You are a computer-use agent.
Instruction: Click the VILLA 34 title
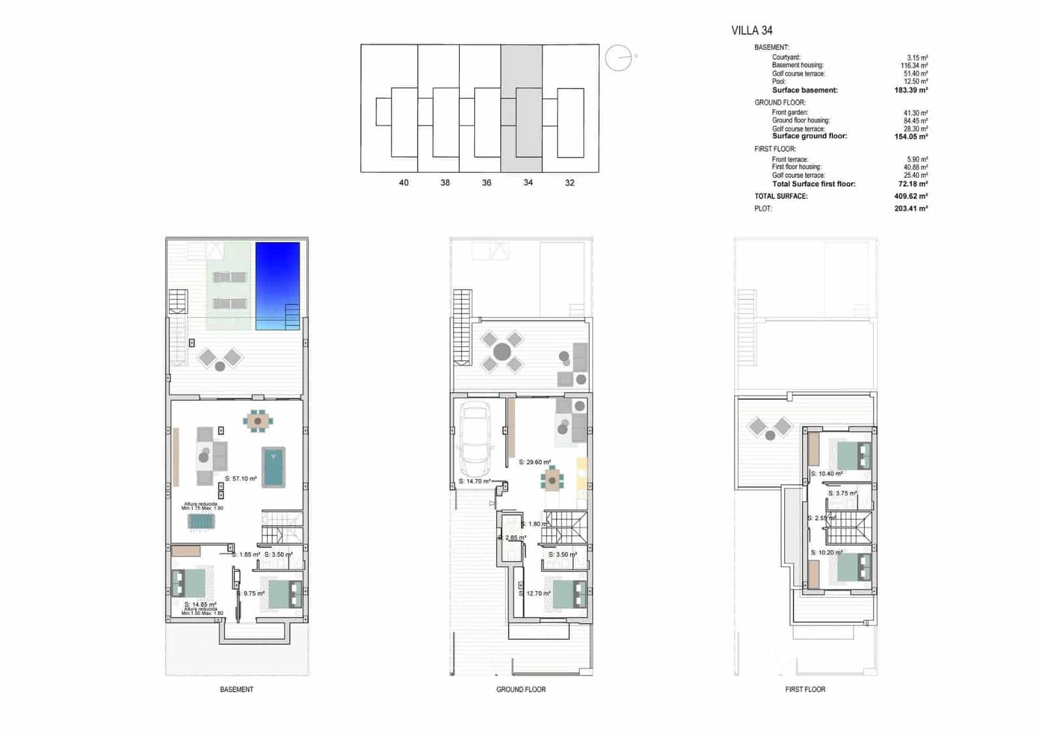point(752,30)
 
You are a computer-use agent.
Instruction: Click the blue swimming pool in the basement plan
point(277,285)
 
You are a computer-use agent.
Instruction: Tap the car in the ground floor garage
point(475,439)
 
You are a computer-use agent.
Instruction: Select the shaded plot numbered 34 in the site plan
point(521,107)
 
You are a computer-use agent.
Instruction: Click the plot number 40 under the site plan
point(404,183)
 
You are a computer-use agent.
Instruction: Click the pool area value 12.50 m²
point(916,81)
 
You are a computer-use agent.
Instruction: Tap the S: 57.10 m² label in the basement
point(241,478)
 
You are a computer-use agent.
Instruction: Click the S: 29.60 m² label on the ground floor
point(535,462)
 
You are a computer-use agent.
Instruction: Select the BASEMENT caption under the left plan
point(236,689)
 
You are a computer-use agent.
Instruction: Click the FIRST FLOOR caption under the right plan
point(805,689)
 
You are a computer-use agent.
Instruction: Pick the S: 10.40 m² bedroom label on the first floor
point(826,474)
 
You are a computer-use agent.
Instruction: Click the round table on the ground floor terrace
point(501,352)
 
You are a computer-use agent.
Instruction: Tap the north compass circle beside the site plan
point(618,59)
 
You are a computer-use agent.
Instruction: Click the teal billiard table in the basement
point(274,467)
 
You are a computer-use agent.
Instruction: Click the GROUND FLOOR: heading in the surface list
point(780,102)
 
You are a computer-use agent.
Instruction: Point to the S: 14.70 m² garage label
point(474,482)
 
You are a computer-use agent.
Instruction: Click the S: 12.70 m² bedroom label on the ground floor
point(535,593)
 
